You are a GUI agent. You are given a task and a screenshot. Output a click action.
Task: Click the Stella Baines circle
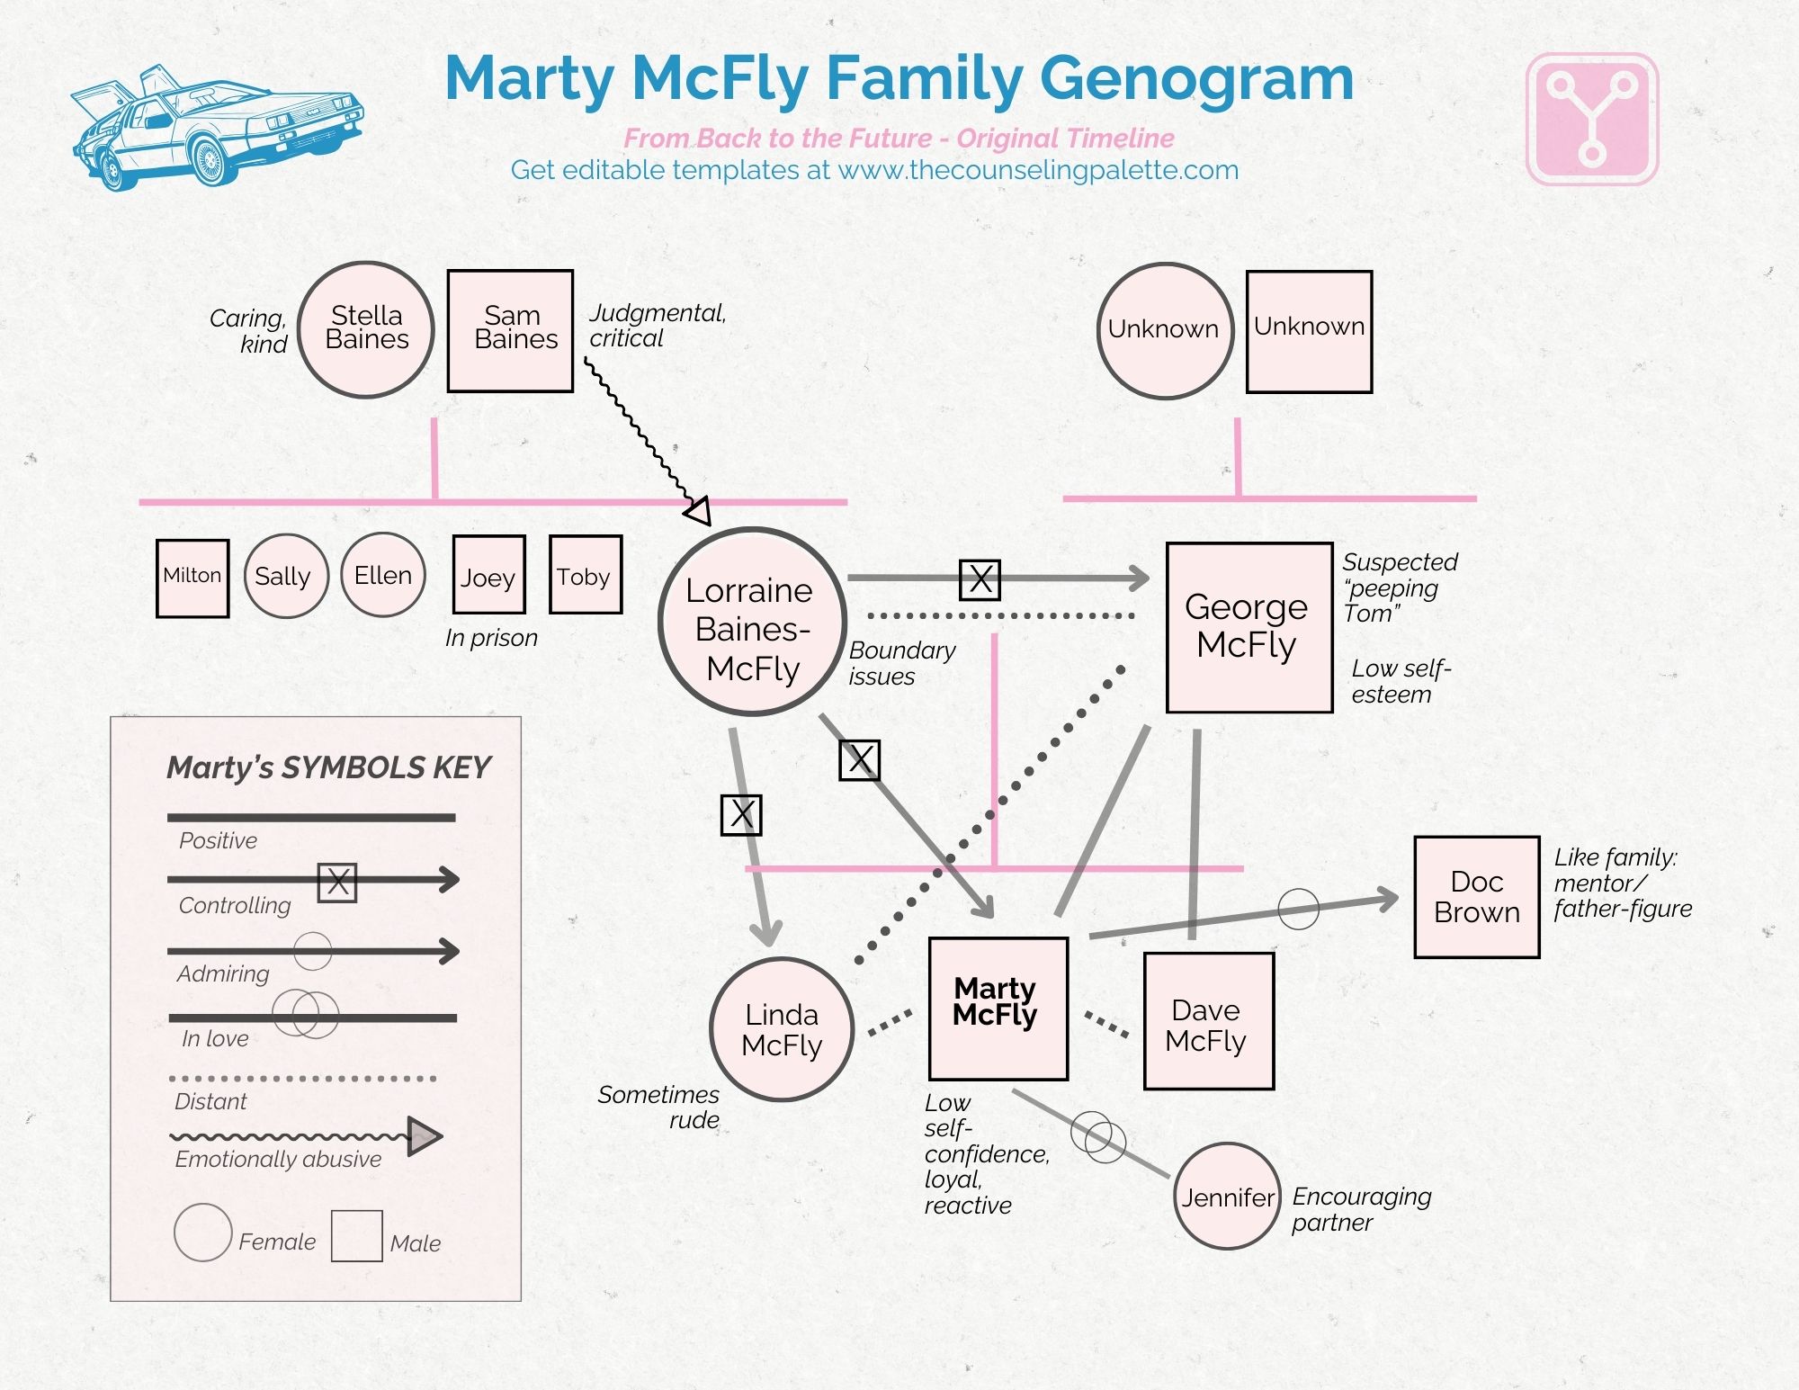(366, 329)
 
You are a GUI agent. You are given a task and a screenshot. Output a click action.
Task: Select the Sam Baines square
(511, 330)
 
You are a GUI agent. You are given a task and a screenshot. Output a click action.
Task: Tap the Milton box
(192, 578)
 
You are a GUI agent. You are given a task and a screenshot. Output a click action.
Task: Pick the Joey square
(488, 574)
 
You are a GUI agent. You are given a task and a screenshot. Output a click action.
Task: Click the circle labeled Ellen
(383, 575)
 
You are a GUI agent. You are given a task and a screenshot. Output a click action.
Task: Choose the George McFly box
(1249, 627)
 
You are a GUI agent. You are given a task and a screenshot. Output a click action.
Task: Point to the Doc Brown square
(1476, 897)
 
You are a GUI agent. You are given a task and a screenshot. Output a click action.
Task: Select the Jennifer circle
(1227, 1197)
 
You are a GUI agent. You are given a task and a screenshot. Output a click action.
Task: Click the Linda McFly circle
(781, 1029)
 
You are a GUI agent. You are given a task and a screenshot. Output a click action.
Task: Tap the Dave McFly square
(1208, 1021)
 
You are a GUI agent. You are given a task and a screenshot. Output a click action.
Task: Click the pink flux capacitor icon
(1592, 120)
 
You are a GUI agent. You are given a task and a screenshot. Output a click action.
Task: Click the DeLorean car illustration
(216, 126)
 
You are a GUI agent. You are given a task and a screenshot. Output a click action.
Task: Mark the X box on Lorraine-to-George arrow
(980, 579)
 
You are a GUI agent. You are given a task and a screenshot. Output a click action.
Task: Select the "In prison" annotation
(491, 638)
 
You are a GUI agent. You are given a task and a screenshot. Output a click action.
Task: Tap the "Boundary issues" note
(901, 663)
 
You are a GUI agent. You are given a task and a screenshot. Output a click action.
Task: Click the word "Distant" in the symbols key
(210, 1101)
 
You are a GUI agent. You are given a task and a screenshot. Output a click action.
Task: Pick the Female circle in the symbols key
(203, 1233)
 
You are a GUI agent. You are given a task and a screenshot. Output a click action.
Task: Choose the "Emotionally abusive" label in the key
(278, 1159)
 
